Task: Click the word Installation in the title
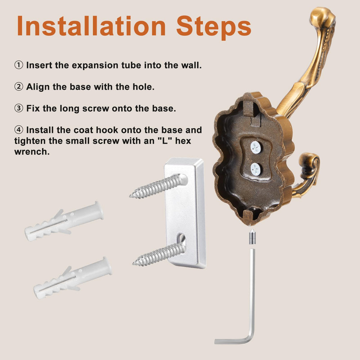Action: pos(91,26)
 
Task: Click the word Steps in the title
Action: pos(213,27)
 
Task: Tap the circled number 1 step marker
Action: pos(19,65)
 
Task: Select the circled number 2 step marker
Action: pos(19,86)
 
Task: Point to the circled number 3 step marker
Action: pos(19,108)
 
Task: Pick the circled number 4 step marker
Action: pos(19,130)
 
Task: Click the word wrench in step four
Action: pos(32,152)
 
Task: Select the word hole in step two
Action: pos(143,87)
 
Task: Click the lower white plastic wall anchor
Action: pos(73,278)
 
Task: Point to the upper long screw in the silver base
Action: pos(159,186)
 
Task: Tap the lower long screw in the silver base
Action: pos(159,254)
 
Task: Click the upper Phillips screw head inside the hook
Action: pos(256,147)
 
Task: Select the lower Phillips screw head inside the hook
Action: pos(256,169)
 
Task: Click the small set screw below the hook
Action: pos(252,237)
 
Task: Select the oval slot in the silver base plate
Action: pos(181,239)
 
